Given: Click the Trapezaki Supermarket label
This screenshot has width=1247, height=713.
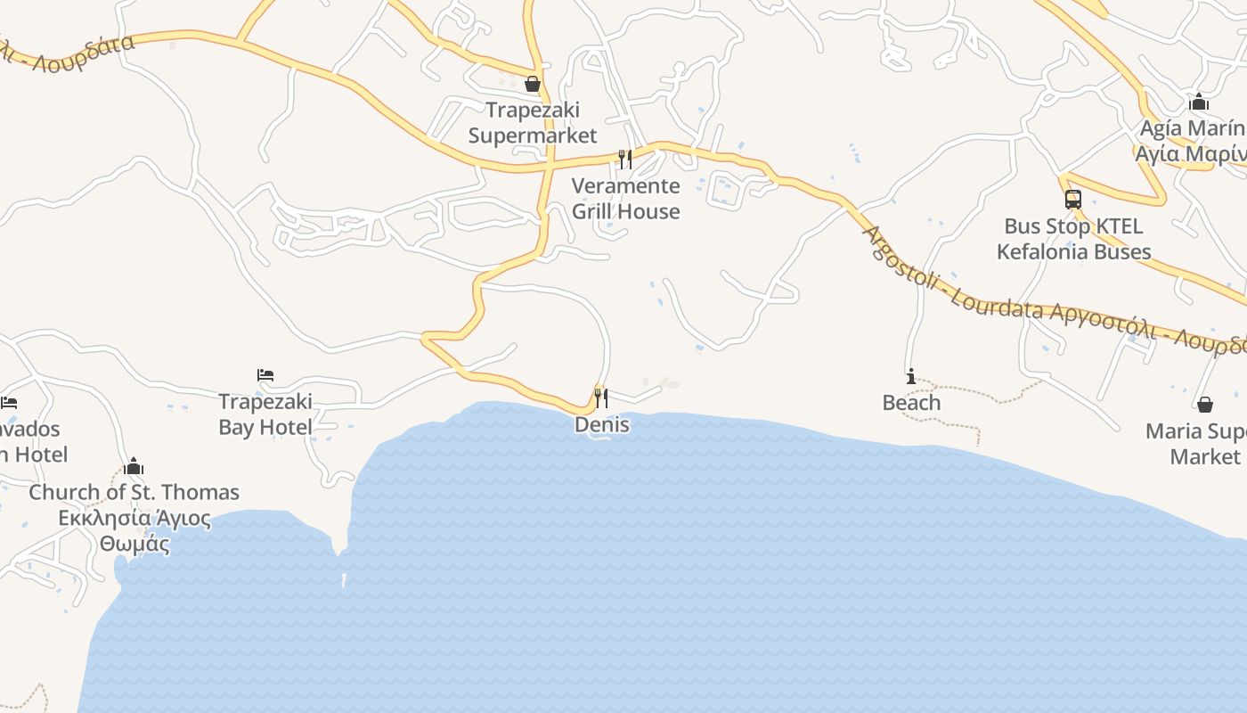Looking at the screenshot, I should pyautogui.click(x=533, y=123).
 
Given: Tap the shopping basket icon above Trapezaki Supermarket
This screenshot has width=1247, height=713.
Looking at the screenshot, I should pyautogui.click(x=533, y=84).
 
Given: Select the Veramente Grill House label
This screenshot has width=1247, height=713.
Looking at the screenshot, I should pyautogui.click(x=625, y=199).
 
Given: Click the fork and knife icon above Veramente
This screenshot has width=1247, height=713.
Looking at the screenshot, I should pyautogui.click(x=625, y=160).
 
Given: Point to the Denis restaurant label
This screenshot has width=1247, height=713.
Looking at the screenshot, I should pyautogui.click(x=602, y=425).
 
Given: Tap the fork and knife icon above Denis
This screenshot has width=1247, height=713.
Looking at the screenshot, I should pyautogui.click(x=602, y=397).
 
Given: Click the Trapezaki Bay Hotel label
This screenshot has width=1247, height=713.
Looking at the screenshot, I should pyautogui.click(x=265, y=414).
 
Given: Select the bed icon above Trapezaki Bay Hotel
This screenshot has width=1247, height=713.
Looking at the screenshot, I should pyautogui.click(x=265, y=375).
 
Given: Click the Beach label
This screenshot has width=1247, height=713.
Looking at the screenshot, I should pyautogui.click(x=911, y=403).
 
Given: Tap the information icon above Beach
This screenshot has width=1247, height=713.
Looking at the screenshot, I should pyautogui.click(x=910, y=377).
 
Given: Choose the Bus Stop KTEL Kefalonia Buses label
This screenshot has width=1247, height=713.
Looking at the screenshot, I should pyautogui.click(x=1073, y=239).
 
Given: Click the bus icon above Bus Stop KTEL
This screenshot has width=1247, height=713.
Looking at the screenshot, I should pyautogui.click(x=1073, y=200).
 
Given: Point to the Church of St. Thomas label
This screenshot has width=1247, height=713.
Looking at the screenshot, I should pyautogui.click(x=134, y=492).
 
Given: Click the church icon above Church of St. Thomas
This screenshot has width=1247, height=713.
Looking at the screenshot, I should pyautogui.click(x=134, y=466).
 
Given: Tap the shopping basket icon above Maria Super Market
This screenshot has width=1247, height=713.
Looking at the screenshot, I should pyautogui.click(x=1205, y=405).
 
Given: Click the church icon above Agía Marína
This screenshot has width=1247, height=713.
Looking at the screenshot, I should pyautogui.click(x=1199, y=102).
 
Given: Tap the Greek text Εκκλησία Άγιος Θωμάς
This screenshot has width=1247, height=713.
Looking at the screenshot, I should pyautogui.click(x=134, y=531).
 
